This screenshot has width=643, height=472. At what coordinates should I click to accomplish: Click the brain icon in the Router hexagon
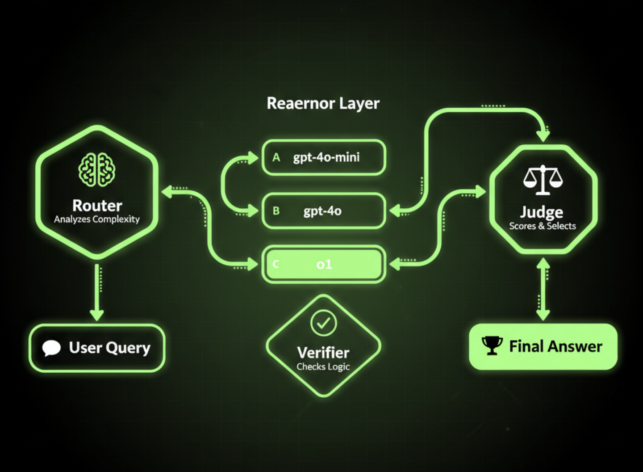point(97,170)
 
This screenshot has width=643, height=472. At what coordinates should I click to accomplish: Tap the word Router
point(97,206)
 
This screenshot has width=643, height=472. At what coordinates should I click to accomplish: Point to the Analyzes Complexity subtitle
point(97,219)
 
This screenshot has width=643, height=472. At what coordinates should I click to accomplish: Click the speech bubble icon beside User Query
point(51,348)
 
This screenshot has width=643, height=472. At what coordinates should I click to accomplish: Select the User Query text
point(109,348)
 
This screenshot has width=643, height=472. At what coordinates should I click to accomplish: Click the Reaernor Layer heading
point(323,103)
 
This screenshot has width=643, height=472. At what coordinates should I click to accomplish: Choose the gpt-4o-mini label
point(326,157)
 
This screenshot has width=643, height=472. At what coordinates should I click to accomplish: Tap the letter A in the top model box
point(276,157)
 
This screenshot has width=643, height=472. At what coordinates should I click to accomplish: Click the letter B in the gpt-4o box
point(276,211)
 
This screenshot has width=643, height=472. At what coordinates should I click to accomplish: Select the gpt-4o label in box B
point(322,211)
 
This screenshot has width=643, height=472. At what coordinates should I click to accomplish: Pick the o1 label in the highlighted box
point(324,265)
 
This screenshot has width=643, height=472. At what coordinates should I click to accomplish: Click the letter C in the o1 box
point(276,264)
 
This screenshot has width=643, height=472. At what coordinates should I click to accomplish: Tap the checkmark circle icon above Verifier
point(324,323)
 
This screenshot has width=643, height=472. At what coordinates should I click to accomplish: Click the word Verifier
point(323,353)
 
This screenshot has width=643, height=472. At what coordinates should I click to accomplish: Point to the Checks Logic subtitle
point(323,367)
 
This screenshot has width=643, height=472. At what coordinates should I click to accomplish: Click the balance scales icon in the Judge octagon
point(543,180)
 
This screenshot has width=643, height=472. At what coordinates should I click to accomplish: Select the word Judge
point(542,212)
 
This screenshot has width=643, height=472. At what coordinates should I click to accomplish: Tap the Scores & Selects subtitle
point(543,226)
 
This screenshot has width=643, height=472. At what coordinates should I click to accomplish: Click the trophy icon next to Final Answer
point(492,346)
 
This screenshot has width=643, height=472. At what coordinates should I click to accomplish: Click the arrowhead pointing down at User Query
point(97,314)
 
